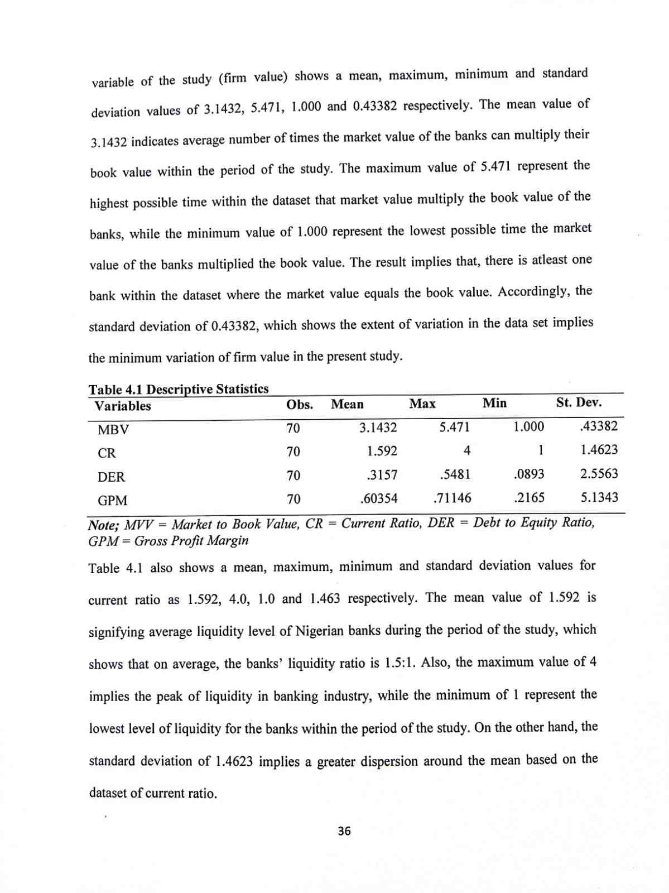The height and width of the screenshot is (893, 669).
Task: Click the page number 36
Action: click(344, 831)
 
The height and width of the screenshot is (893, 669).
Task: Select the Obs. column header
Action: click(300, 405)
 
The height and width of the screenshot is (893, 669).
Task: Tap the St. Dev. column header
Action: click(579, 402)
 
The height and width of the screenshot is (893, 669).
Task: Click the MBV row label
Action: click(113, 430)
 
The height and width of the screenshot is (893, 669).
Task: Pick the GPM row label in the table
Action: click(113, 501)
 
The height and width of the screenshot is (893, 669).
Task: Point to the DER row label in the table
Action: click(112, 477)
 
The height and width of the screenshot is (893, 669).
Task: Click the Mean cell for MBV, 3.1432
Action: click(378, 428)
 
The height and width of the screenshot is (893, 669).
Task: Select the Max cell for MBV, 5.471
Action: click(454, 428)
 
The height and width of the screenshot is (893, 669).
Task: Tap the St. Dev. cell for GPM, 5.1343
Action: click(599, 497)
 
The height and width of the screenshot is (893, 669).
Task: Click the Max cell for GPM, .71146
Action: click(452, 498)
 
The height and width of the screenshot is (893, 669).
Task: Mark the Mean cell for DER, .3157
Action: click(382, 475)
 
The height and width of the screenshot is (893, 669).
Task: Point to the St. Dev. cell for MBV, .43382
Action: click(599, 426)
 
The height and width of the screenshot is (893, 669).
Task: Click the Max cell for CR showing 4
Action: click(467, 450)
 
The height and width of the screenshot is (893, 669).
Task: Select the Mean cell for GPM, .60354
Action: click(379, 498)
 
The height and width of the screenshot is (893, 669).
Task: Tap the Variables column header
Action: click(123, 406)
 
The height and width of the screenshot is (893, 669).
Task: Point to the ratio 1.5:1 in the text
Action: click(400, 663)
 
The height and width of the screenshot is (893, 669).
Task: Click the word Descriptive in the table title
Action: click(179, 389)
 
